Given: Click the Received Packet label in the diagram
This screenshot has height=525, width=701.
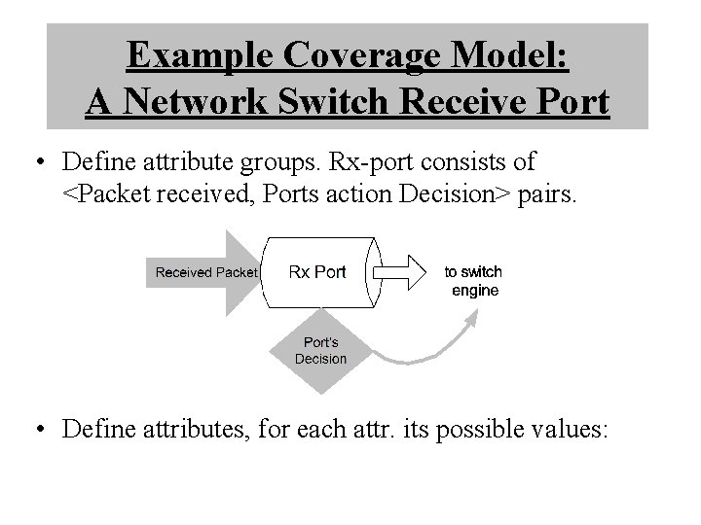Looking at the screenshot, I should tap(205, 272).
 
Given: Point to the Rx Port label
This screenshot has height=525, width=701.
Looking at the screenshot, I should tap(317, 271).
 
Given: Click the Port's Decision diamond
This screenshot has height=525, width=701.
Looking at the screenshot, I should tap(320, 351).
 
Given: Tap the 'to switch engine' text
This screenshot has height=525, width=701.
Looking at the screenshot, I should tap(474, 281).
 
